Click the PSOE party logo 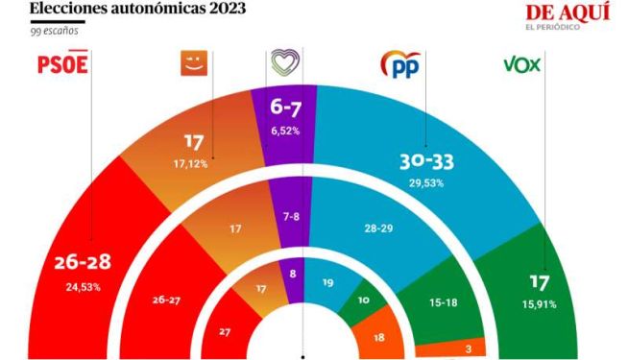point(62,62)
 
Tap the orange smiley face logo point(194,62)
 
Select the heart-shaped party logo point(285,62)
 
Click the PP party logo point(401,64)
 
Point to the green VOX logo point(521,64)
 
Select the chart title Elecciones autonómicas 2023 point(137,8)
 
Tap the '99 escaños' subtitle point(54,32)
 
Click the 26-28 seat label point(83,262)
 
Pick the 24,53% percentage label point(84,287)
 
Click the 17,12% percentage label point(191,164)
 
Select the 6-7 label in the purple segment point(285,107)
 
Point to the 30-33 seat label point(426,162)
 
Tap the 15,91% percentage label point(539,304)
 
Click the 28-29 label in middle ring point(378,228)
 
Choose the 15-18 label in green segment point(443,302)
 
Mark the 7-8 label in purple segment point(291,217)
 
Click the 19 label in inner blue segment point(328,282)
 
